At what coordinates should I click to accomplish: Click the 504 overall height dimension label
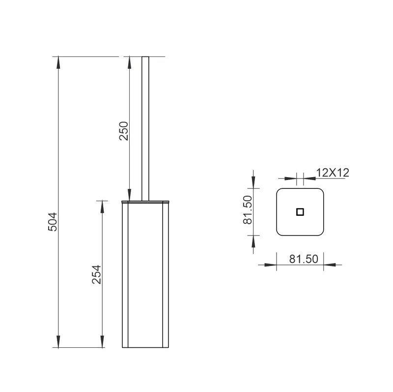coord(53,222)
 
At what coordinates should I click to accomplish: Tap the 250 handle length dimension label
coord(124,131)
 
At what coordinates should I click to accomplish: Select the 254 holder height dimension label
coord(96,274)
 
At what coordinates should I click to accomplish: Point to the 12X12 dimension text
coord(333,173)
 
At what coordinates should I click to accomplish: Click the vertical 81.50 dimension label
coord(248,210)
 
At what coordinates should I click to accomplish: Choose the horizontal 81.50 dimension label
coord(304,259)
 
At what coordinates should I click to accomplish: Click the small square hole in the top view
coord(300,212)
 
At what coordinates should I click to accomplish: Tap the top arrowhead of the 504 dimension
coord(58,62)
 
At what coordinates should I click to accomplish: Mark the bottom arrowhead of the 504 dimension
coord(58,341)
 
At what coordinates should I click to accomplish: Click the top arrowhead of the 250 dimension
coord(129,62)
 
